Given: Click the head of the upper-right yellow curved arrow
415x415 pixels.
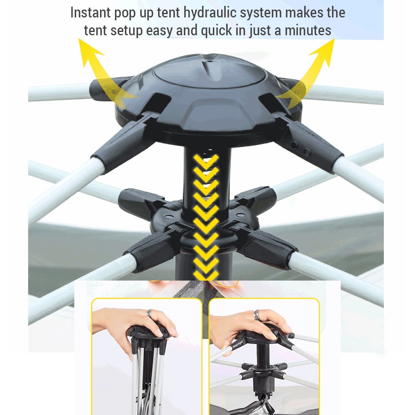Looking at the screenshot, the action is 323,51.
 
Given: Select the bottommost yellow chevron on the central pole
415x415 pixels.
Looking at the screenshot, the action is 206,275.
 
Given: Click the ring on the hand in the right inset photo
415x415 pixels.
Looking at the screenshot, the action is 257,315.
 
